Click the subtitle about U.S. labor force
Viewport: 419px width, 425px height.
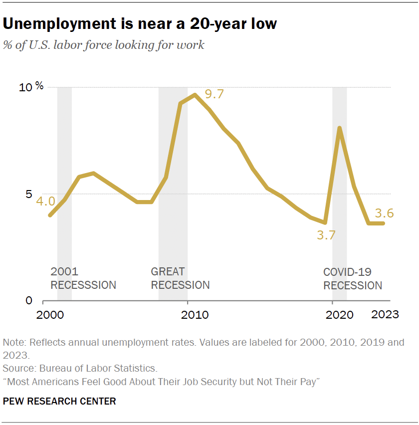(103, 45)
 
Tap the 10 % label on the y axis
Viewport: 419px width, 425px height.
(31, 87)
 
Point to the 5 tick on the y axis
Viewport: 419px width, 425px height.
(28, 195)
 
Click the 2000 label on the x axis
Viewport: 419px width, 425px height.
(50, 315)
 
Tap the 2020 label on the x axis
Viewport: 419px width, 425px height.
(339, 315)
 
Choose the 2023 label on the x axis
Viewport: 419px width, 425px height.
(384, 314)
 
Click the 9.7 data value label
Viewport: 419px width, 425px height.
(214, 93)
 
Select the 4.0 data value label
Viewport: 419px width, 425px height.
(45, 202)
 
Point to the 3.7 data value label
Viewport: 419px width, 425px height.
(326, 235)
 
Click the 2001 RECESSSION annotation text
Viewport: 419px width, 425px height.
(83, 278)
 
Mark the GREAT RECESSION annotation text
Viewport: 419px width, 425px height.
(180, 278)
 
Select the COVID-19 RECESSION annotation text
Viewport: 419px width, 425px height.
(353, 279)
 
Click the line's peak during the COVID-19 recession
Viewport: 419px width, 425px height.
(340, 128)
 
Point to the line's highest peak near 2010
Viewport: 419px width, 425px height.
(195, 95)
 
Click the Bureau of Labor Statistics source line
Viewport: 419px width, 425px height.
(80, 369)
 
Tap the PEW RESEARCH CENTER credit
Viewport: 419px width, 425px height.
(59, 401)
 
